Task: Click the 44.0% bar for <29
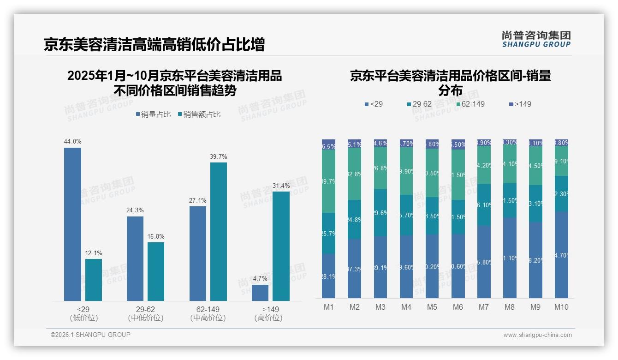point(72,224)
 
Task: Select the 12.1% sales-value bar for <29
point(94,280)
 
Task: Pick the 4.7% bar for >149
point(260,293)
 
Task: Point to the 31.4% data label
point(281,186)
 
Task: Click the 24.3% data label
point(135,210)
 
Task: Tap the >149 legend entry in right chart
point(520,104)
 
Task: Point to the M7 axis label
point(484,307)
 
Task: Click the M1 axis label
point(328,307)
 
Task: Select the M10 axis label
point(561,307)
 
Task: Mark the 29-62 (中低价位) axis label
point(146,313)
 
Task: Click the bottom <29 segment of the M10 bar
point(562,255)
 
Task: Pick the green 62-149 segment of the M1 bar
point(328,181)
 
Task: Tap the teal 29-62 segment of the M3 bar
point(380,213)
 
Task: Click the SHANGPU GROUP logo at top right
point(536,39)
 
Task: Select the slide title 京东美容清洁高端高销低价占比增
point(154,44)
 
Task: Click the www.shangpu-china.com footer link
point(537,335)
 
